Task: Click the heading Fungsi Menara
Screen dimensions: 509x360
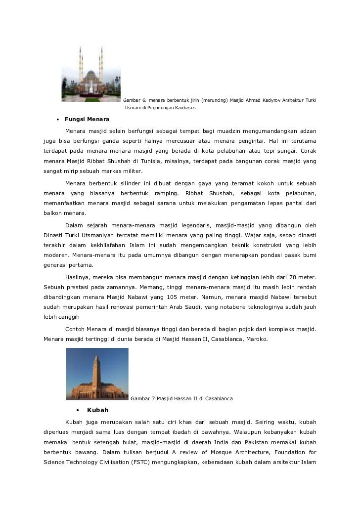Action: [87, 119]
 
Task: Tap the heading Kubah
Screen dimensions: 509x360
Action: [97, 410]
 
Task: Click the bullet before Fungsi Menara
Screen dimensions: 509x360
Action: [58, 120]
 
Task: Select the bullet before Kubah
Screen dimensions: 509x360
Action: [78, 411]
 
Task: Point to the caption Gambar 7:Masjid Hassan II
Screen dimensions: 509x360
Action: [181, 398]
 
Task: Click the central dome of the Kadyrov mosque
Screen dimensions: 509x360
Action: [91, 75]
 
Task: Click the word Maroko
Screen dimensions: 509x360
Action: [256, 339]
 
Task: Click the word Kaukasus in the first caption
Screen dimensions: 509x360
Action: [183, 108]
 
